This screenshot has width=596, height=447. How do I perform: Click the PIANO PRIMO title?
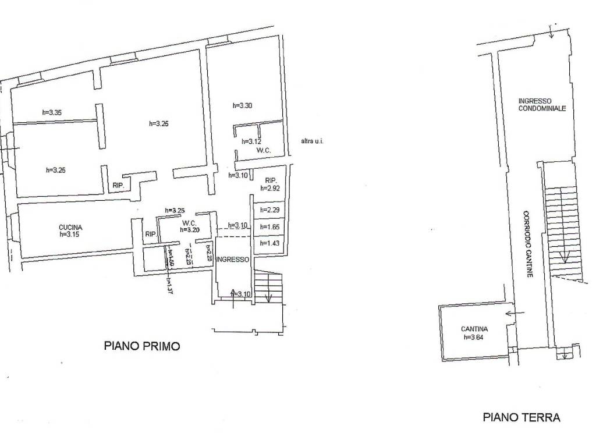coord(142,346)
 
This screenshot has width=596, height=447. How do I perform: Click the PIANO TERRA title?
coord(521,417)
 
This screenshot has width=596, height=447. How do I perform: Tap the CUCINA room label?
coord(70,227)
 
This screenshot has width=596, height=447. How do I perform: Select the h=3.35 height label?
coord(52,113)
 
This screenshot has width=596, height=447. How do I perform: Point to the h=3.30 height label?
coord(242,105)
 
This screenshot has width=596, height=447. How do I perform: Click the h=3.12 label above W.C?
coord(251,141)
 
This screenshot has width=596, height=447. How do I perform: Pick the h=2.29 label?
coord(269,210)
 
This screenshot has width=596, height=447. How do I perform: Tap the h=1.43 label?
coord(269,243)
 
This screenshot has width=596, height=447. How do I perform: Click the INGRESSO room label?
coord(233,259)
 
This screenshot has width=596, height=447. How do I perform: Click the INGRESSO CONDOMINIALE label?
coord(542,104)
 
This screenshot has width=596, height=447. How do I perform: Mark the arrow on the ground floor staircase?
coord(563,256)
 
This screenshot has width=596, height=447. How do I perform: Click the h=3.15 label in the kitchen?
coord(70,235)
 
